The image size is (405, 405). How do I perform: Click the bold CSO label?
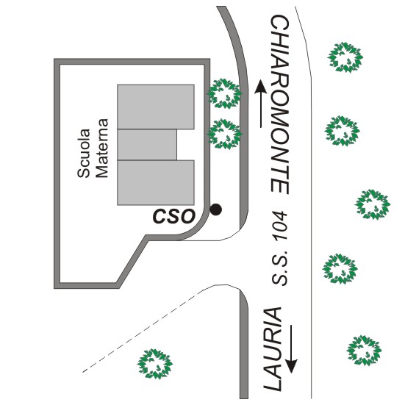[174, 216]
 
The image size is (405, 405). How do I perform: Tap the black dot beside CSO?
[215, 209]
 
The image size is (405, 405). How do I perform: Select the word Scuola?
[84, 153]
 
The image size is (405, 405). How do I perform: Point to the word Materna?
[101, 148]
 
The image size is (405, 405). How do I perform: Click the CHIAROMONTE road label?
[280, 104]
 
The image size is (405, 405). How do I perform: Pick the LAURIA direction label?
[273, 349]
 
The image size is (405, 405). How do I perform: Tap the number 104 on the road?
[280, 226]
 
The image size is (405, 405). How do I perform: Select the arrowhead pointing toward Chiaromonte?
[261, 87]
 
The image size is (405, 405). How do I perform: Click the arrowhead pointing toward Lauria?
[291, 366]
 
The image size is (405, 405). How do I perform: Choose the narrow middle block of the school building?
[147, 145]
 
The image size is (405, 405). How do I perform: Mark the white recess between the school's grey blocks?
[185, 145]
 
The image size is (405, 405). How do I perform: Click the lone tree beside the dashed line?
[154, 364]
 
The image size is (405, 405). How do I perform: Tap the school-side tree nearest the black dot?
[224, 134]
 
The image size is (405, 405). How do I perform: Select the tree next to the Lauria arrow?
[364, 351]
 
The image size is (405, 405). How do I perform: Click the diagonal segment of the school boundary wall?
[132, 260]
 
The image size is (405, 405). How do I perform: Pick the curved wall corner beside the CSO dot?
[196, 226]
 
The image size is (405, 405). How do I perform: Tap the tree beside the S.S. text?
[340, 269]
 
